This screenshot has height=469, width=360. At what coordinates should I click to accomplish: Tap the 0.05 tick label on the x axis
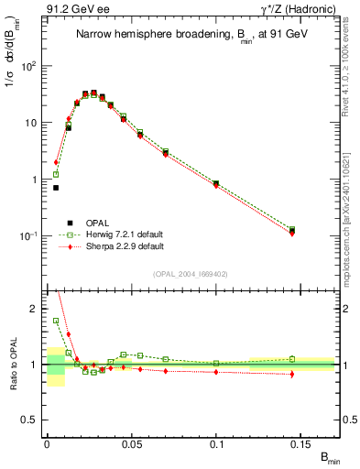click(132, 442)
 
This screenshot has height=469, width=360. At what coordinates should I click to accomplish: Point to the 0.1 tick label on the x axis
click(217, 442)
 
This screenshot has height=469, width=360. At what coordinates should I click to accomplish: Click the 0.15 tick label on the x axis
click(301, 442)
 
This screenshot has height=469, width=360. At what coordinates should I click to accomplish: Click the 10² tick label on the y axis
click(29, 66)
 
